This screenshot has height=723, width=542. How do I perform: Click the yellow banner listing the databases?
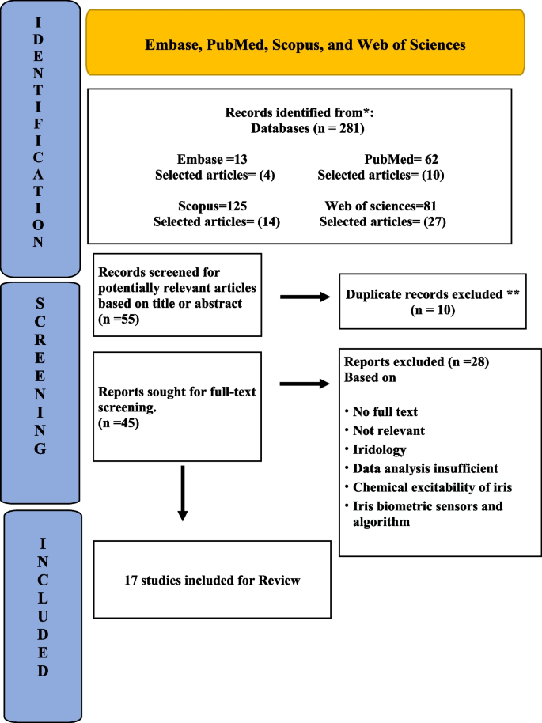pyautogui.click(x=305, y=44)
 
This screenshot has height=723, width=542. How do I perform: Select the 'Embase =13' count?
pyautogui.click(x=212, y=158)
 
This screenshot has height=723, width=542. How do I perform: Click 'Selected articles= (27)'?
pyautogui.click(x=383, y=222)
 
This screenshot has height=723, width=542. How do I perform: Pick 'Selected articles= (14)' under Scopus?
pyautogui.click(x=217, y=222)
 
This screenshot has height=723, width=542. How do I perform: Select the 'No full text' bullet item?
pyautogui.click(x=387, y=411)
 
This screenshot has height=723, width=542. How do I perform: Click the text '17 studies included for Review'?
pyautogui.click(x=212, y=580)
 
